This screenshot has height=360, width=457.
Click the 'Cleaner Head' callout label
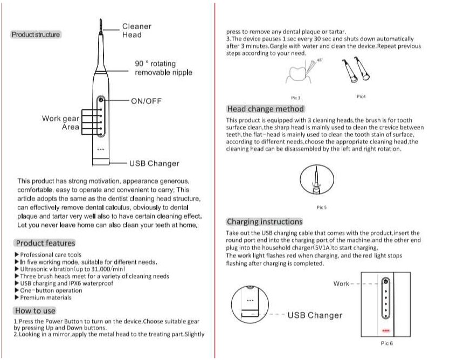[x=136, y=31]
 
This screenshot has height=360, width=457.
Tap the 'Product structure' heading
[x=36, y=34]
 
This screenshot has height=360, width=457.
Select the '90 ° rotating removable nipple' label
[x=163, y=68]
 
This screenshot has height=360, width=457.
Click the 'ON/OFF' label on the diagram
[x=146, y=101]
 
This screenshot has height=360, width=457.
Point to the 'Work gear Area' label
[x=61, y=123]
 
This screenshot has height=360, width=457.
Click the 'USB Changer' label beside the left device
[x=154, y=163]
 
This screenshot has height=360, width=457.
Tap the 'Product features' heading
[x=45, y=243]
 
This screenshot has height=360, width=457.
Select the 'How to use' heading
[x=35, y=311]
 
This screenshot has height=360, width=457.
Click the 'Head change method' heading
[x=266, y=109]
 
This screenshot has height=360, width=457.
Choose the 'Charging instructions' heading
[x=265, y=221]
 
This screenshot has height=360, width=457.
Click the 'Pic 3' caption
[x=295, y=98]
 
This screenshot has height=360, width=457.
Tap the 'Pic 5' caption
[x=322, y=207]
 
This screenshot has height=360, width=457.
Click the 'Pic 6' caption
[x=386, y=343]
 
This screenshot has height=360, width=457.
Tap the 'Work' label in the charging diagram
[x=341, y=283]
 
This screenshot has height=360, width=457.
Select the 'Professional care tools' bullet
[x=51, y=255]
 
